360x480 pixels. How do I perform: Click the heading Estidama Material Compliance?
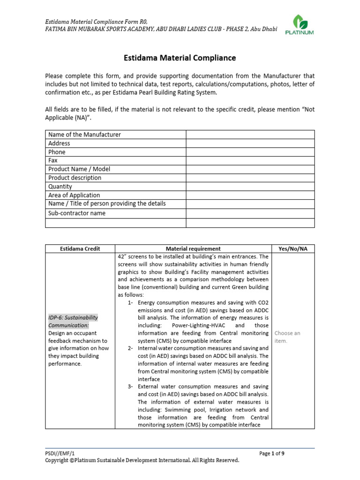(180, 58)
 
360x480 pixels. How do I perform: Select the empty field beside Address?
(250, 143)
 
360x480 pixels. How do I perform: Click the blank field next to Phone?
(250, 152)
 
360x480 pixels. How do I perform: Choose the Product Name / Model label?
(79, 169)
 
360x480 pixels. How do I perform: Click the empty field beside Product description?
(250, 178)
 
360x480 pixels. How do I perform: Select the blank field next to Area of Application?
(250, 195)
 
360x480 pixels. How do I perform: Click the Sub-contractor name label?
(77, 213)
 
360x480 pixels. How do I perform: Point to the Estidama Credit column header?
(80, 249)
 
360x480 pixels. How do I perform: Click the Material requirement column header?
(193, 249)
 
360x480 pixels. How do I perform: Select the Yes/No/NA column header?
(293, 249)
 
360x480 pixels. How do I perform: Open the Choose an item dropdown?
(287, 337)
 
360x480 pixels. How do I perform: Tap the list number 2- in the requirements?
(132, 348)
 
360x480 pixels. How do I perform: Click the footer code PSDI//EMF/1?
(60, 453)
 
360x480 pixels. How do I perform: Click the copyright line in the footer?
(142, 460)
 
